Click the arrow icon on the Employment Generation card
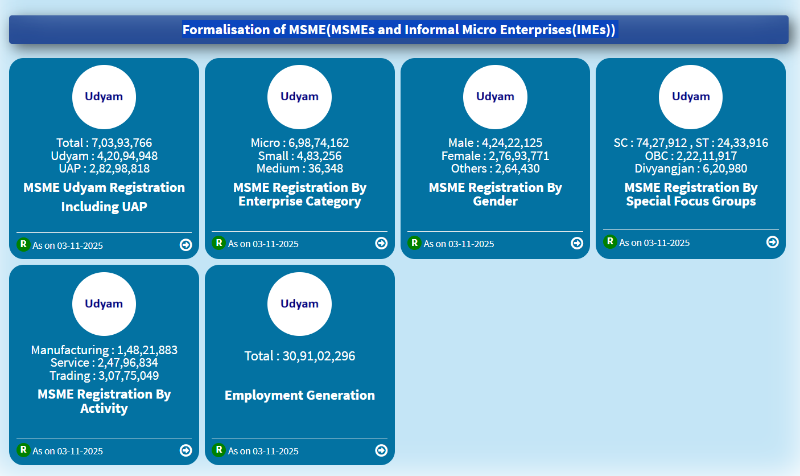[381, 450]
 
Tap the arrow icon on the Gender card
[577, 243]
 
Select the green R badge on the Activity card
[23, 450]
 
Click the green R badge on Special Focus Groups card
[610, 241]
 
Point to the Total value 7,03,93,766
[122, 143]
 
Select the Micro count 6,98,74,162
[319, 143]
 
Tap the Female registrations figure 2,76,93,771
[519, 156]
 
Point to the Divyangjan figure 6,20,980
[716, 169]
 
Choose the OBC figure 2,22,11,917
[707, 156]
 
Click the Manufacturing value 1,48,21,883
[147, 350]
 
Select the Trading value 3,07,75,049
[129, 376]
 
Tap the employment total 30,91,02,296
[319, 356]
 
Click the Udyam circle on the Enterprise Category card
[299, 97]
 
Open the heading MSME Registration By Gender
[495, 194]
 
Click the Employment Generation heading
[300, 395]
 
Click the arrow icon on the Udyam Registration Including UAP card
[185, 245]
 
